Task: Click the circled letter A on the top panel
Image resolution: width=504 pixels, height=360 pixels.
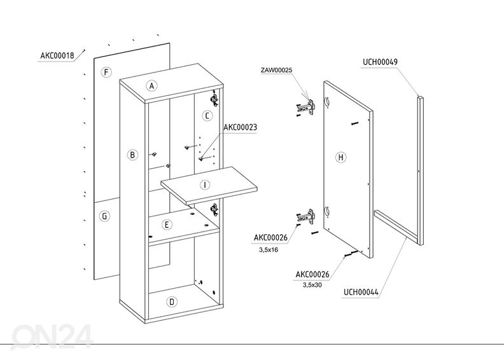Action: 151,85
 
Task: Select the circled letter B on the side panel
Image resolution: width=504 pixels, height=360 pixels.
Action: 132,155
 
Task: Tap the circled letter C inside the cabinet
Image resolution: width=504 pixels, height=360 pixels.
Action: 207,116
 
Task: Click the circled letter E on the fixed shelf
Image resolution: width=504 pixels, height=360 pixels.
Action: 166,225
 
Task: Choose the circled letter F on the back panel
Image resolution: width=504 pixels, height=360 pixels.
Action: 106,73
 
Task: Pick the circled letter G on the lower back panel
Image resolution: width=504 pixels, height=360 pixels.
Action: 104,216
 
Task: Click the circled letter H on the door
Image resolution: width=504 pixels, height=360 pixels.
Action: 340,156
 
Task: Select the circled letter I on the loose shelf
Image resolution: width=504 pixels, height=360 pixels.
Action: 204,185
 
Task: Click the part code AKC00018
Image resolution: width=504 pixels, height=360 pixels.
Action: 57,55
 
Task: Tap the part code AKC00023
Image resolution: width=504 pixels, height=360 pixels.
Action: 240,127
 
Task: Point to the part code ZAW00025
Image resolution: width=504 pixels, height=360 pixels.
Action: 276,69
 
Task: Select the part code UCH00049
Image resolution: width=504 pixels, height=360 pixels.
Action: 380,62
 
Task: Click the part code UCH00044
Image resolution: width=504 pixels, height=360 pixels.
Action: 361,293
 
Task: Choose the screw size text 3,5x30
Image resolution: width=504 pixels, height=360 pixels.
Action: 312,284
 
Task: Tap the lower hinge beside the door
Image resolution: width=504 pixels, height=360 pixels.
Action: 308,217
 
